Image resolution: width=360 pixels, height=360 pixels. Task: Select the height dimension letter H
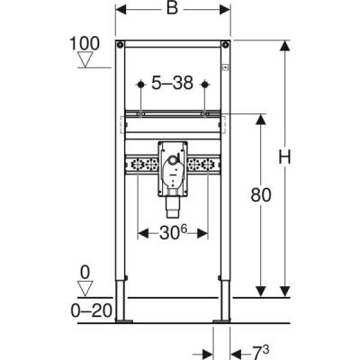[x=285, y=158]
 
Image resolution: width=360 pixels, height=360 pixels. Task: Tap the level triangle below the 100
[x=85, y=60]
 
